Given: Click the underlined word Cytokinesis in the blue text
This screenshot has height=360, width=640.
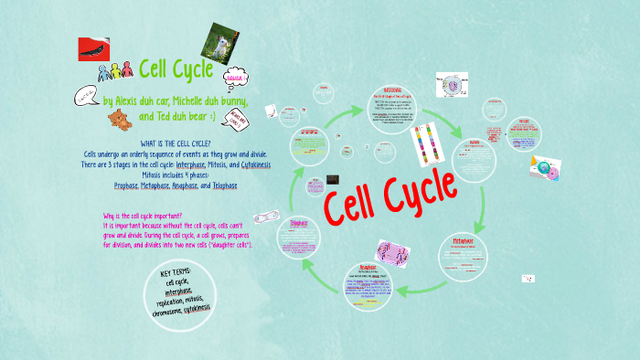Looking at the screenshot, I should click(x=250, y=164).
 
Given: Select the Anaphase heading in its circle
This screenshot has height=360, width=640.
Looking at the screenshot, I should click(x=368, y=269).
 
